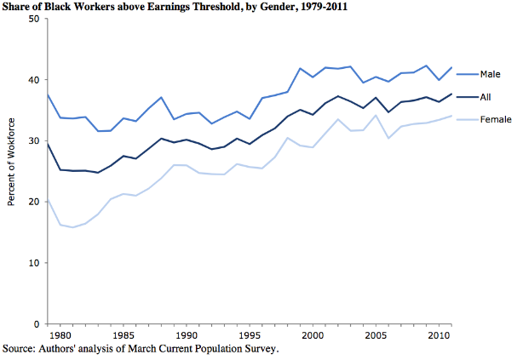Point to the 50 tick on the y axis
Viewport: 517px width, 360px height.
34,19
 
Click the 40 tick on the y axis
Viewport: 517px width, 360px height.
34,80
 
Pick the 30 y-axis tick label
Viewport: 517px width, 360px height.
34,141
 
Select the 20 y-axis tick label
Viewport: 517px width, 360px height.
34,202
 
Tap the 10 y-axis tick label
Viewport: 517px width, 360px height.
34,263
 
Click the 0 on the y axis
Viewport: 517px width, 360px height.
37,324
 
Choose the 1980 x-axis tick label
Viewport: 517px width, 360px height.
60,335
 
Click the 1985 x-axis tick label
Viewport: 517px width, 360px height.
124,335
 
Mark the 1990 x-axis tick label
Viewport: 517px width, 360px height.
187,335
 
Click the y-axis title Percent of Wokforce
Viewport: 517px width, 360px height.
12,171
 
